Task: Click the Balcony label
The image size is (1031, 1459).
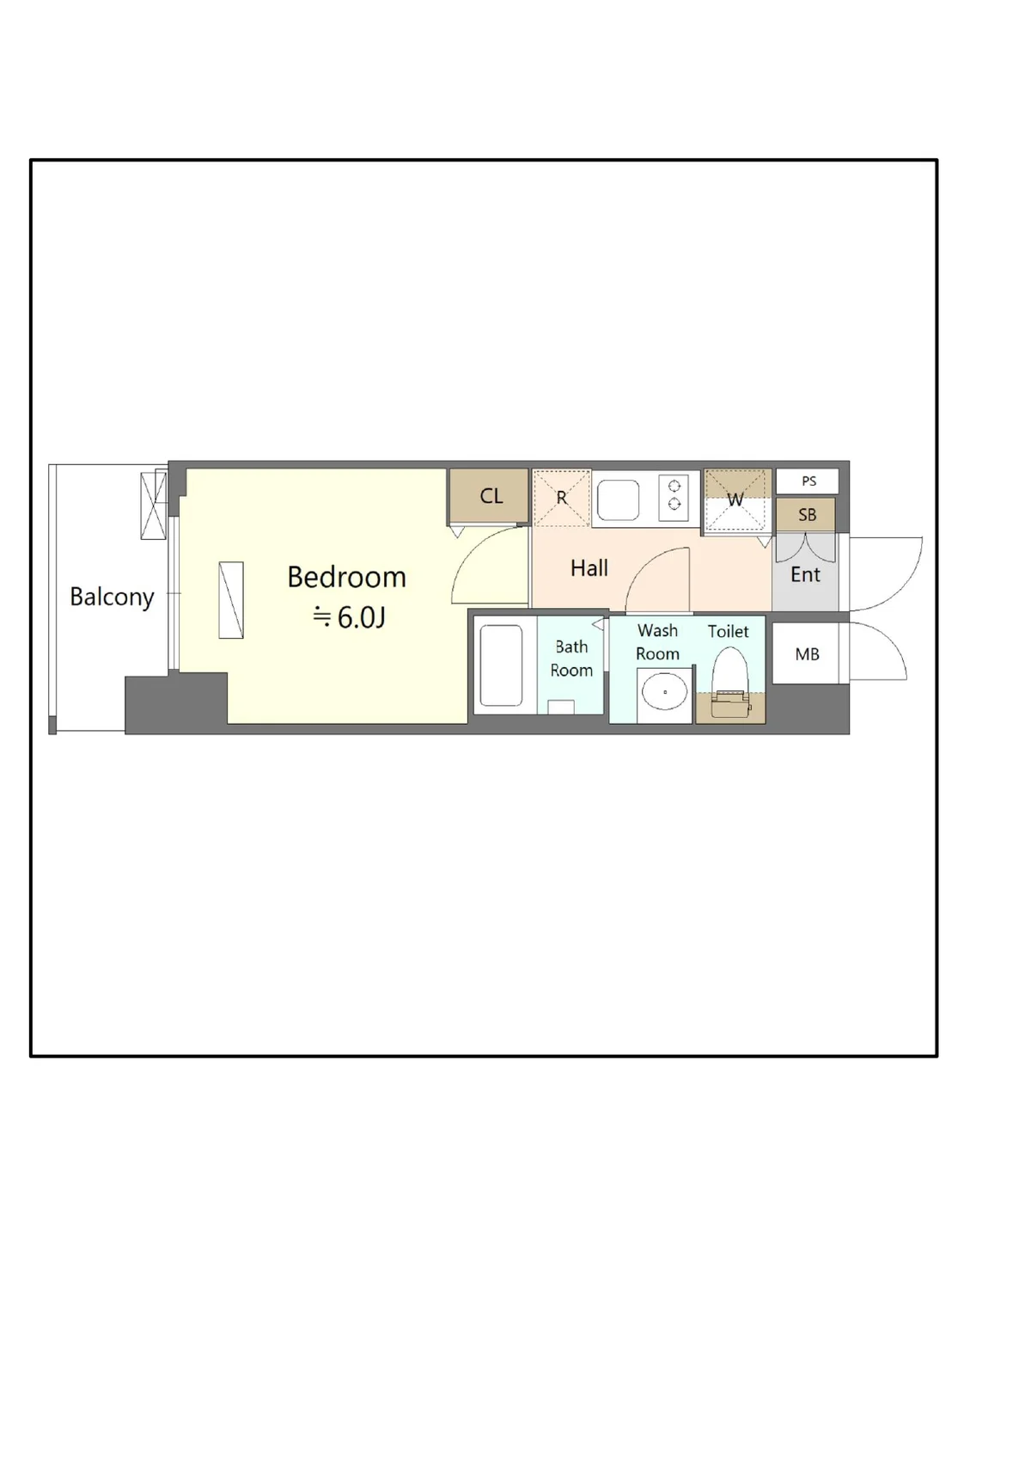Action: point(112,598)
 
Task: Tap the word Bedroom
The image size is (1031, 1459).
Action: point(346,577)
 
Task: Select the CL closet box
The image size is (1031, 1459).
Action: point(488,496)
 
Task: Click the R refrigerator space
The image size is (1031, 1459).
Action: point(562,499)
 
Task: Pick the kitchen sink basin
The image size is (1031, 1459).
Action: point(619,500)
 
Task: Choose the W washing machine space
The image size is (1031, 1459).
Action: point(737,500)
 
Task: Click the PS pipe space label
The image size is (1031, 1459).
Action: point(809,481)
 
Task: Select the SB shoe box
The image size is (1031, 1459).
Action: point(806,514)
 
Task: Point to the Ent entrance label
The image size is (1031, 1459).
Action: point(805,574)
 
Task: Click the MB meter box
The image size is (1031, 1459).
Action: point(806,653)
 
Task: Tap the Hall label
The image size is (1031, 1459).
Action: point(589,568)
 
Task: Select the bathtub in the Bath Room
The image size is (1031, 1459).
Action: point(501,665)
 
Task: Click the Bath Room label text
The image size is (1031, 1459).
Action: point(571,659)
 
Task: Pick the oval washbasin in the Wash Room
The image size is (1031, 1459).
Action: point(664,691)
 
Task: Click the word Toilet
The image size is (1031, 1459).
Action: point(729,631)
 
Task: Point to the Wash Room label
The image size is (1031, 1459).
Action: point(657,641)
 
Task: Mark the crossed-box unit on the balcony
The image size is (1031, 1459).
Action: point(154,506)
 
